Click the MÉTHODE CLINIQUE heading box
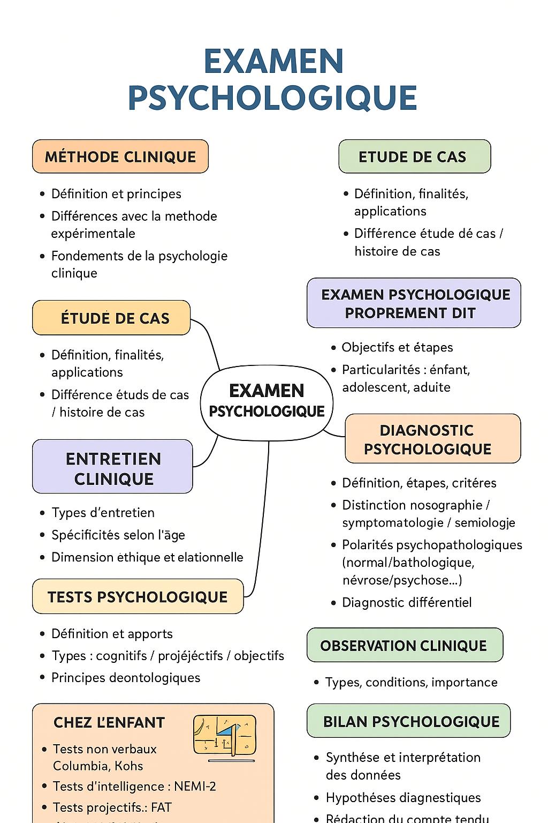120,156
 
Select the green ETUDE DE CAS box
414,156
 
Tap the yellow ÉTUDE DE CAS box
111,318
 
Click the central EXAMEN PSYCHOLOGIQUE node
267,401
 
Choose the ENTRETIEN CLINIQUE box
112,467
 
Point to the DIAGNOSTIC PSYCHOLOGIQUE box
432,439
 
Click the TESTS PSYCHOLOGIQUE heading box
138,596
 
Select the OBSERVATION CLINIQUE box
405,645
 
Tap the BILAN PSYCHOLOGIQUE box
409,721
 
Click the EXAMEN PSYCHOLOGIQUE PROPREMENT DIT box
414,303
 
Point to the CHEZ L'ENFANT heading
109,722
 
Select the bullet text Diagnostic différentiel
407,602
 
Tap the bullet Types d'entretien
103,513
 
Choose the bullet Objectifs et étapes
397,347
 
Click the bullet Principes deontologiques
126,677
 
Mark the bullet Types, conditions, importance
411,682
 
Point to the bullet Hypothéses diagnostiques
403,797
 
